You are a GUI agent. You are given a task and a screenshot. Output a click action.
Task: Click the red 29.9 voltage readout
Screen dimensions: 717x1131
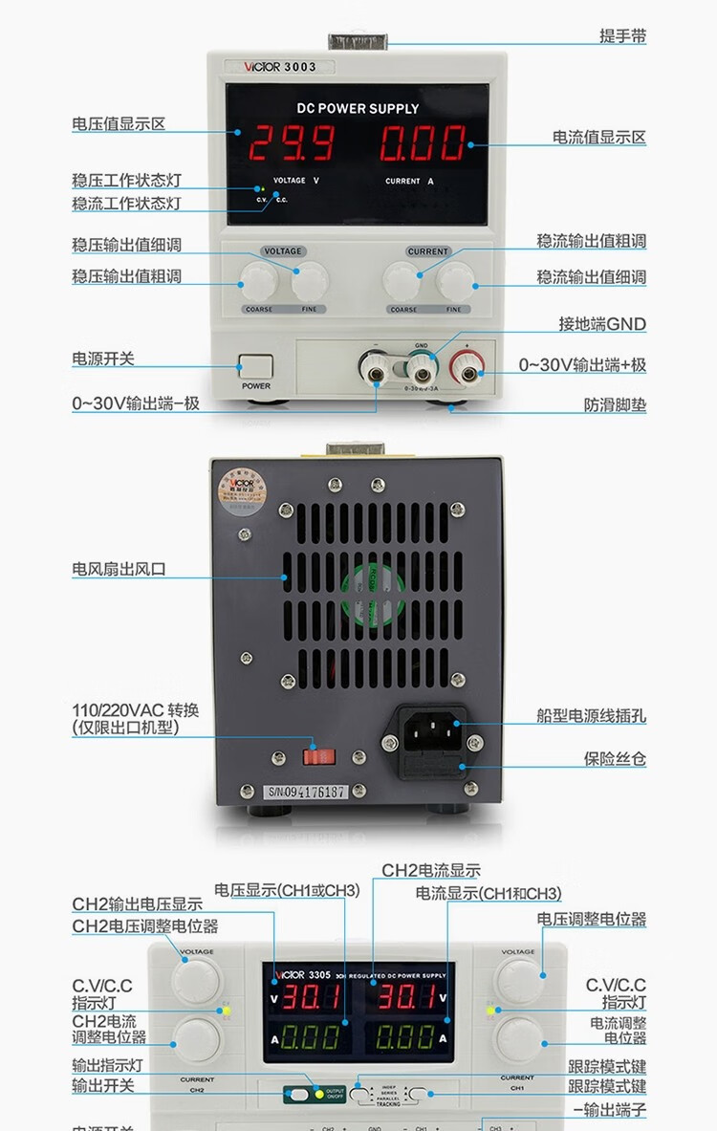pyautogui.click(x=292, y=143)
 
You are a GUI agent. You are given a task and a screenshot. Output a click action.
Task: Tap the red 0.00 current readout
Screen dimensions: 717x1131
pyautogui.click(x=423, y=143)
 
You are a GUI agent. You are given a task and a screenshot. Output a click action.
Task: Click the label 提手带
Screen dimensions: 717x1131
pyautogui.click(x=622, y=36)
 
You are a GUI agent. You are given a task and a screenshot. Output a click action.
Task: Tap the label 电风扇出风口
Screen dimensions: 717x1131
pyautogui.click(x=119, y=569)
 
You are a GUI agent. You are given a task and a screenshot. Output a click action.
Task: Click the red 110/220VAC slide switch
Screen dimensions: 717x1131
pyautogui.click(x=319, y=756)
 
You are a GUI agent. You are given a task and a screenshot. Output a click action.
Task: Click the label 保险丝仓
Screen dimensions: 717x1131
pyautogui.click(x=615, y=759)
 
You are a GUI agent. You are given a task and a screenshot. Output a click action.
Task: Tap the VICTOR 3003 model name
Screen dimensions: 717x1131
pyautogui.click(x=274, y=67)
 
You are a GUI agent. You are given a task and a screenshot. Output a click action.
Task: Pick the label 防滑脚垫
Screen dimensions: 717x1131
pyautogui.click(x=615, y=404)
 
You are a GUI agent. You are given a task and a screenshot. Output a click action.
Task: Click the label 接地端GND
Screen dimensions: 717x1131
pyautogui.click(x=601, y=324)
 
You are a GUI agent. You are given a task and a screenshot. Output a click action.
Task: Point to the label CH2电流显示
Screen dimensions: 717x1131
pyautogui.click(x=431, y=871)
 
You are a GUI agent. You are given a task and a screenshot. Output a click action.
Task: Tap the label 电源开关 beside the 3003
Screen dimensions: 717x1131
pyautogui.click(x=103, y=359)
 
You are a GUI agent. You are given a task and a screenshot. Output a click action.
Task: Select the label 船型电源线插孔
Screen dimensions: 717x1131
pyautogui.click(x=591, y=714)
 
